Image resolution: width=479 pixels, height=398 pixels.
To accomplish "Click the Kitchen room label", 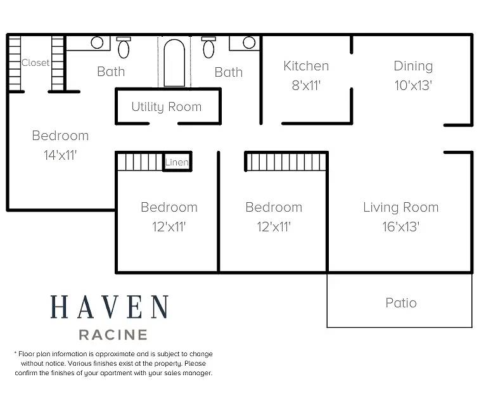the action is (x=306, y=66).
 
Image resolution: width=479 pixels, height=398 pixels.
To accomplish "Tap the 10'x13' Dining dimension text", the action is (x=413, y=86).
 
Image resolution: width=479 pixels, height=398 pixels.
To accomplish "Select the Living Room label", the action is (x=401, y=207).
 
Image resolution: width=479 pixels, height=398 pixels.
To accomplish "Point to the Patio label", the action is (x=401, y=303).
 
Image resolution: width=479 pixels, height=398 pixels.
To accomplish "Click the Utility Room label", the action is (x=167, y=107).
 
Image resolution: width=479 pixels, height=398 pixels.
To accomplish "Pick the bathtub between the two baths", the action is (x=174, y=63).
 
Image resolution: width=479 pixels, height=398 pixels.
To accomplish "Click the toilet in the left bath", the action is (x=124, y=48).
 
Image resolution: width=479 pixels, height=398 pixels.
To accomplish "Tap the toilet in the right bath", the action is (x=208, y=48).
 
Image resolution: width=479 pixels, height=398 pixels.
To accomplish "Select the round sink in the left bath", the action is (x=97, y=42).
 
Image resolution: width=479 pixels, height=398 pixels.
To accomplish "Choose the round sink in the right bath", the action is (x=249, y=42).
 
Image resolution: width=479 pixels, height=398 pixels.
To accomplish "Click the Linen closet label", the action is (x=177, y=162).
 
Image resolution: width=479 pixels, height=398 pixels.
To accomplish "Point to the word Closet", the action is (x=35, y=63).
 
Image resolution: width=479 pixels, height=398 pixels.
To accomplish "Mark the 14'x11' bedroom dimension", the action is (x=60, y=155).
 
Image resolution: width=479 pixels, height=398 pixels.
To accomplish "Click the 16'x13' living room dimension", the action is (x=401, y=227).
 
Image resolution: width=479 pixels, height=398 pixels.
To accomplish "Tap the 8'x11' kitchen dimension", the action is (x=306, y=86).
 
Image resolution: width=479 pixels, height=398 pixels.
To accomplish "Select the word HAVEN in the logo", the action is (x=110, y=307).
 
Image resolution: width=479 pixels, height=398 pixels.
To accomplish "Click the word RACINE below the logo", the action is (x=113, y=335).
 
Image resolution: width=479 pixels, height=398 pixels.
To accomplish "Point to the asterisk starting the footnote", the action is (x=15, y=353).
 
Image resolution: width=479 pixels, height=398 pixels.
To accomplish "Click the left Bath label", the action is (x=111, y=72).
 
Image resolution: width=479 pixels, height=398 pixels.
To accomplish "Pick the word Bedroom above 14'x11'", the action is (x=60, y=136).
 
